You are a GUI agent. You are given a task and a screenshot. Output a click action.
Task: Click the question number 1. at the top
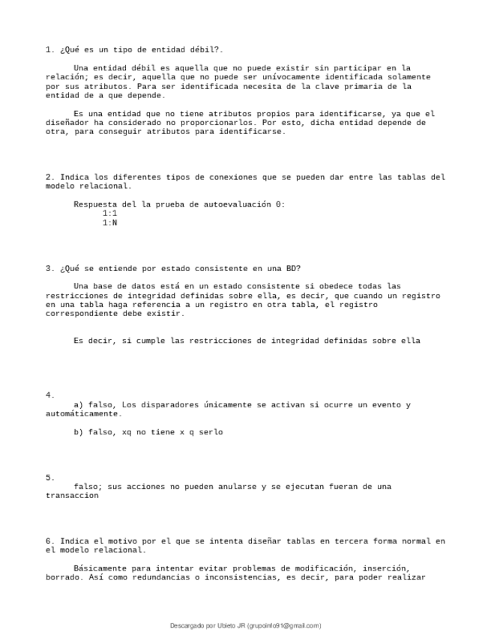49,49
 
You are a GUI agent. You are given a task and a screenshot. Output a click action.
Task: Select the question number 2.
49,177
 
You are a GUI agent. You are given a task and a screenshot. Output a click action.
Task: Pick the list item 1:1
109,213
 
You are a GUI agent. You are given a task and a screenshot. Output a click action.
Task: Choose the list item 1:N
109,222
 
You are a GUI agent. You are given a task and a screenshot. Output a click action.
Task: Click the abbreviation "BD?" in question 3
293,268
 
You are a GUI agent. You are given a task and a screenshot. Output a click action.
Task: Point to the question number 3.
49,268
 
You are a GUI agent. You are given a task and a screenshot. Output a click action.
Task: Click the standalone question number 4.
49,395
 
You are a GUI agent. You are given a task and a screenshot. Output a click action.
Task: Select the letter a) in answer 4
79,404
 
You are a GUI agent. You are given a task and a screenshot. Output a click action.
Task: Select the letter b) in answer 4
79,431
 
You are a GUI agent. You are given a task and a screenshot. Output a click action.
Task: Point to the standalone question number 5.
49,477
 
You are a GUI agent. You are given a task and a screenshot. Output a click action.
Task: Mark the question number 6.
49,541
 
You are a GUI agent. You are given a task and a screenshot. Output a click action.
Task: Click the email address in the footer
284,625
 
